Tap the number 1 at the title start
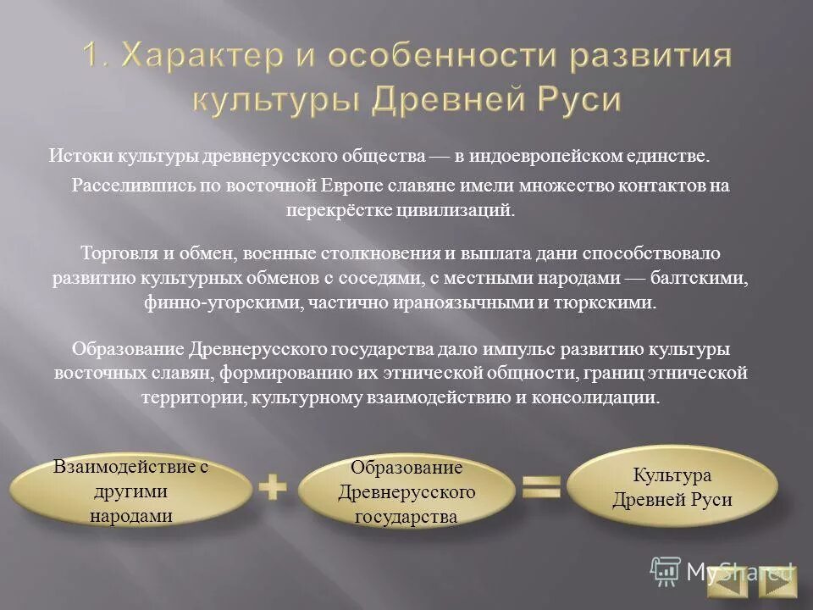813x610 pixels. click(x=94, y=57)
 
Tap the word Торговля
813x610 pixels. click(x=114, y=253)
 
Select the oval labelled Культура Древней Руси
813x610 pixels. click(x=672, y=487)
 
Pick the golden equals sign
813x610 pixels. click(x=541, y=487)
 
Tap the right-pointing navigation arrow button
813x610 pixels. click(x=777, y=582)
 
